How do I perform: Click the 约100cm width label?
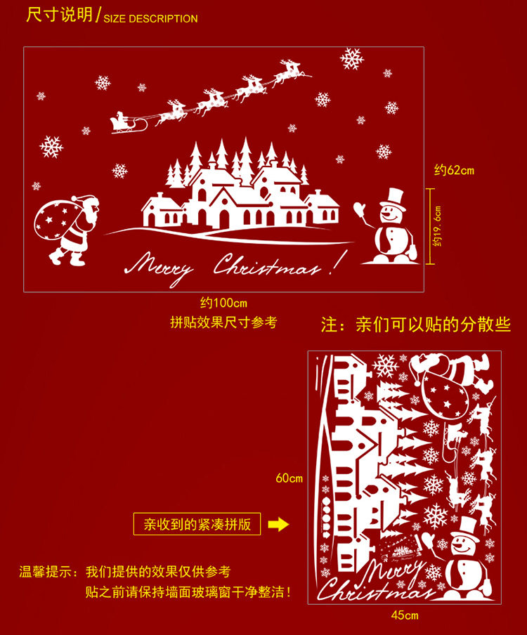tap(224, 303)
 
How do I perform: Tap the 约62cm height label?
tap(454, 170)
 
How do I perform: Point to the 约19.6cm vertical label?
tap(438, 226)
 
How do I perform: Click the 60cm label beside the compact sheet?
tap(289, 478)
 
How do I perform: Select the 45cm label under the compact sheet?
tap(404, 615)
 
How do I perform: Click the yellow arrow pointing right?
tap(278, 524)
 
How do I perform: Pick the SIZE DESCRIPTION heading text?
tap(151, 18)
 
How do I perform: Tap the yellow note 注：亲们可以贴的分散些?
tap(415, 325)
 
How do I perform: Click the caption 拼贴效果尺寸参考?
tap(224, 322)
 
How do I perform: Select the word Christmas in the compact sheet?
tap(376, 589)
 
